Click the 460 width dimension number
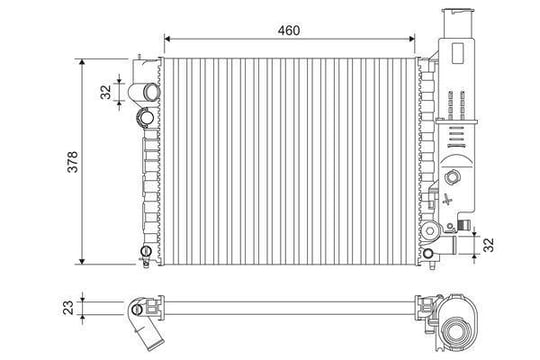click(x=289, y=30)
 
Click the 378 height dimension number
click(x=73, y=162)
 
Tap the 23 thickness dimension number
click(x=68, y=307)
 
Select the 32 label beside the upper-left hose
click(x=106, y=92)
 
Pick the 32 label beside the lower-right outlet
click(x=488, y=245)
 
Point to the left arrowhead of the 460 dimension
click(x=167, y=39)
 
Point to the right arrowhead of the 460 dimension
click(x=412, y=39)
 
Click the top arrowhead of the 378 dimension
click(x=82, y=62)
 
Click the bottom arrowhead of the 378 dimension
click(x=82, y=261)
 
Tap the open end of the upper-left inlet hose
click(x=151, y=92)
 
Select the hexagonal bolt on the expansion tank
click(x=452, y=177)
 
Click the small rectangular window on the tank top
click(x=458, y=53)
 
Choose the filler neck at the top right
click(x=458, y=23)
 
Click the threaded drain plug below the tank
click(x=464, y=225)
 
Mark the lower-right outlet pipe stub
click(x=447, y=245)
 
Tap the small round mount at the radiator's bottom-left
click(x=146, y=250)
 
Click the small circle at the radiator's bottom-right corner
click(x=428, y=254)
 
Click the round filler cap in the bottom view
click(x=456, y=332)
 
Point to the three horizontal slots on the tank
click(x=456, y=133)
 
